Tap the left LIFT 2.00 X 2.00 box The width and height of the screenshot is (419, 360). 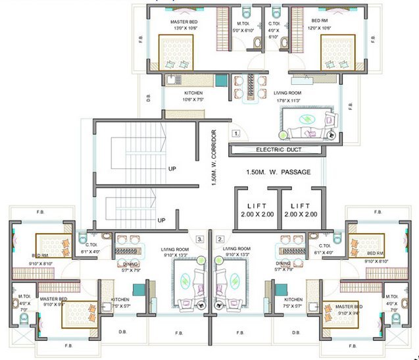click(255, 210)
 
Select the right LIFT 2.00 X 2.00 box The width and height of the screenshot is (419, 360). click(301, 210)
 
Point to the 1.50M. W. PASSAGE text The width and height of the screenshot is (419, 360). click(277, 172)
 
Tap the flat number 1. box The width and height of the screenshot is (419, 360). click(237, 132)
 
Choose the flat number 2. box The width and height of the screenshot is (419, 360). click(220, 239)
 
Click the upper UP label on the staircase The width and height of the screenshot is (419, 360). click(172, 168)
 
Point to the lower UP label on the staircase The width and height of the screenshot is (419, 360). click(161, 220)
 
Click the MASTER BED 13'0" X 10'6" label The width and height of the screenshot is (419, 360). click(184, 26)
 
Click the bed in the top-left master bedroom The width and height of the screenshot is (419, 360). click(177, 53)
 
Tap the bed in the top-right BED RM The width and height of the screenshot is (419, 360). click(337, 53)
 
